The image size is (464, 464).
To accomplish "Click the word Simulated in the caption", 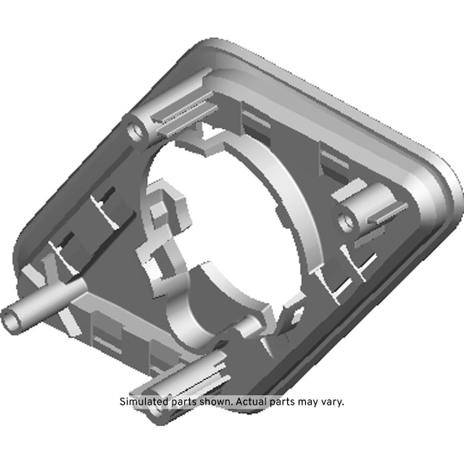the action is coord(144,402).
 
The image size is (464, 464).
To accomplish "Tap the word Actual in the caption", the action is coord(252,402).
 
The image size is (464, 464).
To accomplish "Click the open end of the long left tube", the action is coord(11,320).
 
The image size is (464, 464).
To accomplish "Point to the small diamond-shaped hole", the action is coord(297,316).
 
